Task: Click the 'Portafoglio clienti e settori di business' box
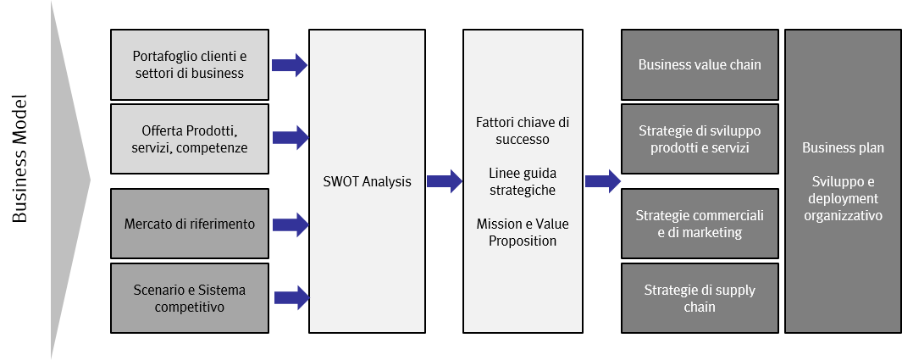(x=190, y=65)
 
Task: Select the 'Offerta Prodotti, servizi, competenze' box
(x=190, y=139)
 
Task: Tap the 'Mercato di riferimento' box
(x=190, y=224)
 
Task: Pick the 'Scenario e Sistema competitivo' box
(x=190, y=298)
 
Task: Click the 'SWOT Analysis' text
(x=367, y=181)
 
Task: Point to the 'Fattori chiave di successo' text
(x=523, y=131)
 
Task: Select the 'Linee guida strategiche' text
(x=523, y=181)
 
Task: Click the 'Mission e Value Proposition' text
(x=523, y=232)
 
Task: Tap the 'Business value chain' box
(x=700, y=65)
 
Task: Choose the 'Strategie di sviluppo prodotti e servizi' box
(x=700, y=139)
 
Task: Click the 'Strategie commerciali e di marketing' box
(x=700, y=224)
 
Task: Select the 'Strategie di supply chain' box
(x=700, y=298)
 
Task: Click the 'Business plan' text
(x=843, y=148)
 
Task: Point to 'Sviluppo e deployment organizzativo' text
(x=843, y=199)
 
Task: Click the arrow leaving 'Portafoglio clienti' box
(x=290, y=64)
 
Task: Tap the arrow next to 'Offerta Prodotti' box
(x=290, y=136)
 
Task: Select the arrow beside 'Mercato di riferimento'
(x=290, y=224)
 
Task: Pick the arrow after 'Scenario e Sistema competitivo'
(x=290, y=296)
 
